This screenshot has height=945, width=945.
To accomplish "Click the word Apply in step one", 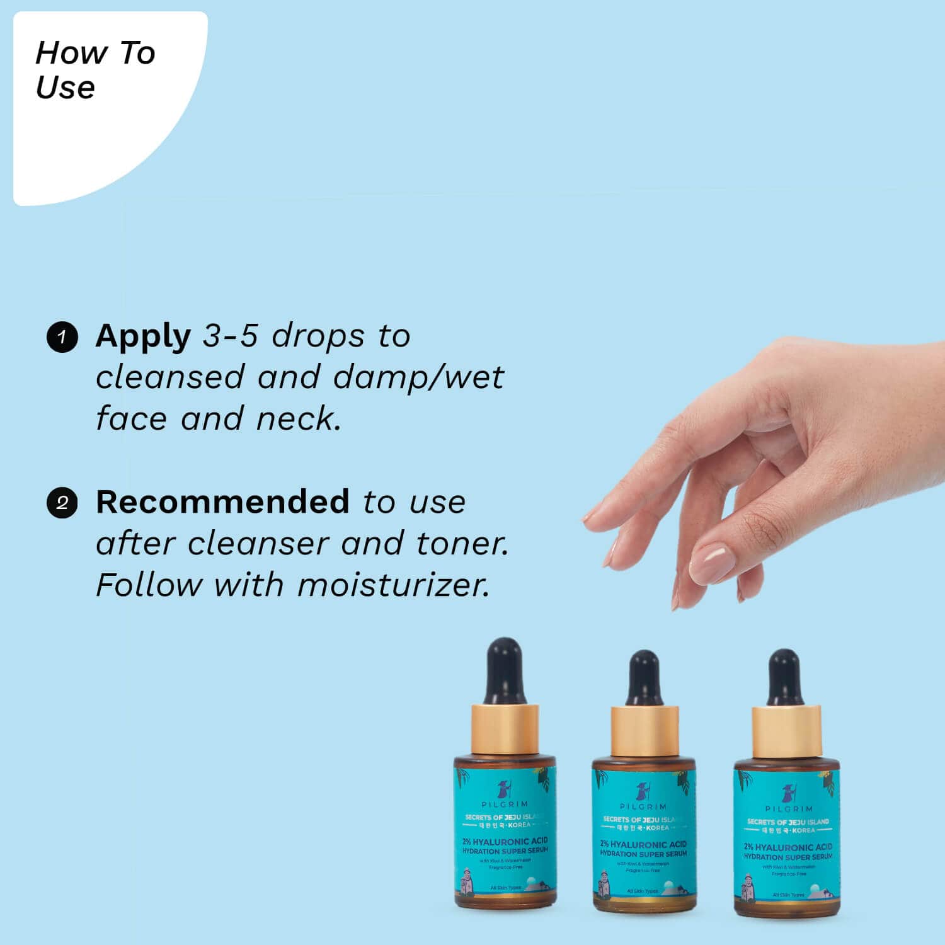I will [143, 337].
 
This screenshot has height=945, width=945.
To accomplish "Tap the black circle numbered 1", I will [62, 337].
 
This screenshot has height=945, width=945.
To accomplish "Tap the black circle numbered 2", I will [62, 503].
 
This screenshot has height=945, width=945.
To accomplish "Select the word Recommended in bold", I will [222, 502].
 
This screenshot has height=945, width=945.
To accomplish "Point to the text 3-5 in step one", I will [230, 336].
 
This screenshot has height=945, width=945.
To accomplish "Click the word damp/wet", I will [418, 377].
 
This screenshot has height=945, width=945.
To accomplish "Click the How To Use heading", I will [94, 69].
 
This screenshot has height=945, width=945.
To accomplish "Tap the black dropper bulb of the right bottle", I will [785, 677].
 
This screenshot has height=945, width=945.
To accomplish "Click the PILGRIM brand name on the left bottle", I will [505, 805].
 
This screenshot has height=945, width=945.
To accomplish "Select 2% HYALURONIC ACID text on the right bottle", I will [787, 847].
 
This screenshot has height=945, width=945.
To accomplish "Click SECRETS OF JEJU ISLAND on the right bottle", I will [787, 822].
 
